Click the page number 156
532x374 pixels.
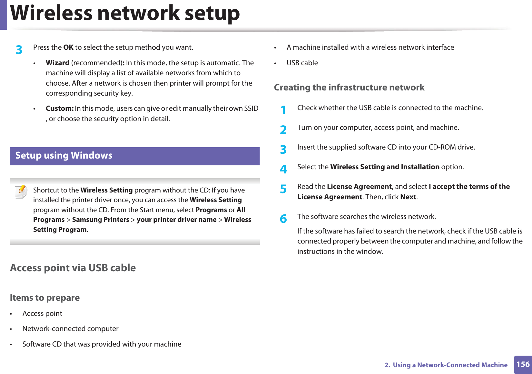point(523,364)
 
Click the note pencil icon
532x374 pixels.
point(21,192)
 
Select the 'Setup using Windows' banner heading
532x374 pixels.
point(64,156)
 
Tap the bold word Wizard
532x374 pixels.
point(57,63)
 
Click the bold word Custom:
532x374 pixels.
point(60,109)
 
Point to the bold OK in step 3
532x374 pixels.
point(68,47)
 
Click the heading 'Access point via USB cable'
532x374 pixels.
point(73,268)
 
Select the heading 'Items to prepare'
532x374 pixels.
point(45,297)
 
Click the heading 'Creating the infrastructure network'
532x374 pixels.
point(349,88)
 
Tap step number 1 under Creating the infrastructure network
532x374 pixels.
point(283,110)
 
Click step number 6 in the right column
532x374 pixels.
point(283,219)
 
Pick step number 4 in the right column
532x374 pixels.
point(283,169)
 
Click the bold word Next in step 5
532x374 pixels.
point(408,197)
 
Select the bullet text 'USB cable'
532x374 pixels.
point(302,63)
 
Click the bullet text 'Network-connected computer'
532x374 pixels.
point(70,329)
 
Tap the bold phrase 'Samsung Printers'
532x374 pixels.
point(101,220)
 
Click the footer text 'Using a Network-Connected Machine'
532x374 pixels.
point(450,365)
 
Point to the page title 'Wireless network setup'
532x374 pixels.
point(125,14)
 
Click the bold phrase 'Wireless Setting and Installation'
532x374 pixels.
point(385,167)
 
